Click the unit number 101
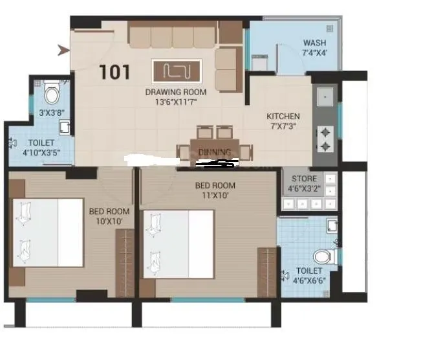tap(115, 72)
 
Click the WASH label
tap(315, 43)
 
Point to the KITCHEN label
tap(283, 117)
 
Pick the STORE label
tap(304, 179)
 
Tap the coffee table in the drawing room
tap(177, 70)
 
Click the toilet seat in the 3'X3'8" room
tap(52, 95)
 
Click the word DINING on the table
tap(215, 152)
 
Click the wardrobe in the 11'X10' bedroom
tap(266, 272)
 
